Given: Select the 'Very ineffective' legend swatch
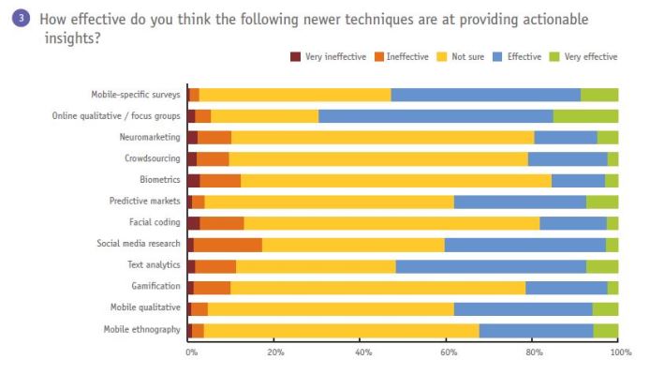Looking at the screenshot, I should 296,57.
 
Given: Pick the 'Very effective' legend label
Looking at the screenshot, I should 590,57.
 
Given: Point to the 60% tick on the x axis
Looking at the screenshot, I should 448,352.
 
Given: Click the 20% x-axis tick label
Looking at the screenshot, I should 274,352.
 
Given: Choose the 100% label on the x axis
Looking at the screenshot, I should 619,352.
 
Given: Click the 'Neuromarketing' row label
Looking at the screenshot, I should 150,137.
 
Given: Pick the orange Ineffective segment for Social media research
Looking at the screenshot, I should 228,245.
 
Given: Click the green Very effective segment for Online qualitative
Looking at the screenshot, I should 585,116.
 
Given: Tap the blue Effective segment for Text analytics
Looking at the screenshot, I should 491,266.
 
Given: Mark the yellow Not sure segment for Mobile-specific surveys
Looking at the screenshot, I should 295,95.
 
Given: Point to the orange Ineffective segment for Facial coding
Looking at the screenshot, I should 222,223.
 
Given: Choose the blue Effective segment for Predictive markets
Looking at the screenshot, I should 520,202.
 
